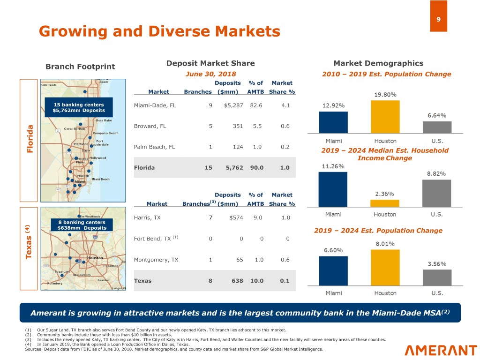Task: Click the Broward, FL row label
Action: point(150,126)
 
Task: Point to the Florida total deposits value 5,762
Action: point(233,167)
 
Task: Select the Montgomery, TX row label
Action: point(157,260)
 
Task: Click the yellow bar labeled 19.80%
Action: point(385,117)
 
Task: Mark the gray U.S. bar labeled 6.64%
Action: point(437,127)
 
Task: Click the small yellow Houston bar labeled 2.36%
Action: point(385,203)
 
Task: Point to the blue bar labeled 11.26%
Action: point(333,189)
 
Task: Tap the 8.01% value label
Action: point(385,243)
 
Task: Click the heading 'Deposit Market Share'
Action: point(210,63)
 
